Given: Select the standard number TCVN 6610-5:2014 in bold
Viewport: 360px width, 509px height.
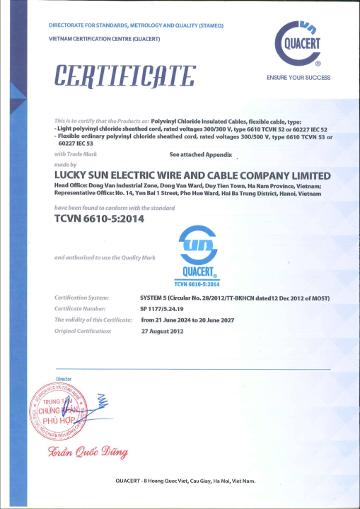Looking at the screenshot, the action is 98,219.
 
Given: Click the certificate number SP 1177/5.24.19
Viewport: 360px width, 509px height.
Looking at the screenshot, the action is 162,309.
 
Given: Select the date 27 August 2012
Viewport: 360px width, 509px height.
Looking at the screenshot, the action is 163,330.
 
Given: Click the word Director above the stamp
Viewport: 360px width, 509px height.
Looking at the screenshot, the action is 64,379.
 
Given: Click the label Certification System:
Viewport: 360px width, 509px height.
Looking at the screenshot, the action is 81,298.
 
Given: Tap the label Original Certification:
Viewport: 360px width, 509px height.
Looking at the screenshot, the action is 83,330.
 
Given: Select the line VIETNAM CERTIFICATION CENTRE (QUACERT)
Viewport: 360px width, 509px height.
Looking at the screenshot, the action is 105,38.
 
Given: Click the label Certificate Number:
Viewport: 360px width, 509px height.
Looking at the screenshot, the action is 80,309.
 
